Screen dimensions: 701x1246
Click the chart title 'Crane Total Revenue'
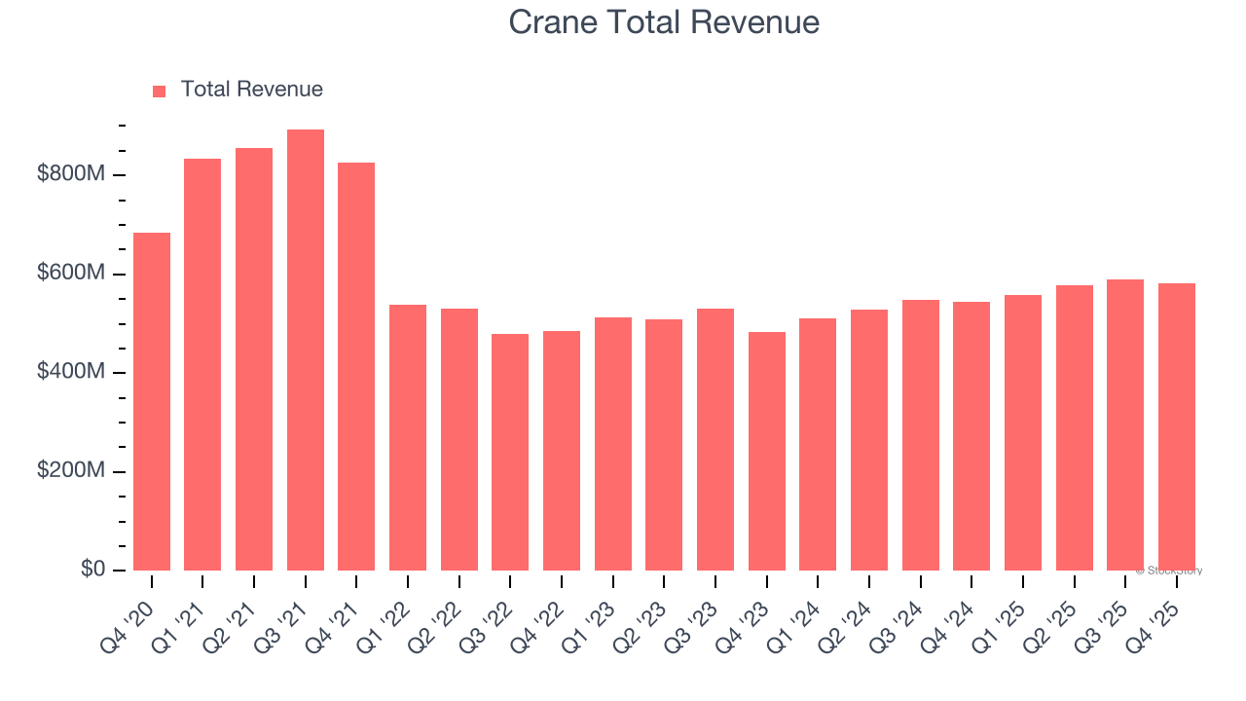tap(664, 21)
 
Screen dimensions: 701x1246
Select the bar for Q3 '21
tap(306, 350)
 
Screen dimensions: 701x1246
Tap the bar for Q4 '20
tap(152, 401)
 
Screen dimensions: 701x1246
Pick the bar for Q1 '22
tap(408, 437)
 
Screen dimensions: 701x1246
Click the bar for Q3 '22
tap(510, 452)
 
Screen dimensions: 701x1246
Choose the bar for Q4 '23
tap(767, 451)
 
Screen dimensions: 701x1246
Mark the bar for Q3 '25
tap(1125, 424)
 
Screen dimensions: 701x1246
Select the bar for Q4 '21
tap(356, 366)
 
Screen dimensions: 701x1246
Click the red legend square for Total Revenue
tap(160, 91)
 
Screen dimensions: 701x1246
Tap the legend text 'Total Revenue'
tap(251, 90)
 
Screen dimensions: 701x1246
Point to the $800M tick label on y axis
tap(71, 174)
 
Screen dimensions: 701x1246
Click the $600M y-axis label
tap(71, 274)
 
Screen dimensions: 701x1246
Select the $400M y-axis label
tap(71, 372)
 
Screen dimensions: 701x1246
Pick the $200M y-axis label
tap(71, 471)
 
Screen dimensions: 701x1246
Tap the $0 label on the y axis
tap(93, 570)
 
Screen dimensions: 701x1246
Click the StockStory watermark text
tap(1169, 571)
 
